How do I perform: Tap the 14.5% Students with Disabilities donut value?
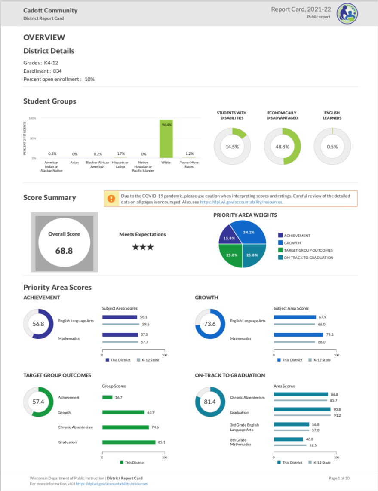tap(232, 146)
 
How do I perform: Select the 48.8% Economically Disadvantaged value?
tap(282, 146)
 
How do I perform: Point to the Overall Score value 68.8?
tap(64, 250)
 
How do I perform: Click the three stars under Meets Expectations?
tap(142, 247)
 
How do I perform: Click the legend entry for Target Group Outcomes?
tap(308, 250)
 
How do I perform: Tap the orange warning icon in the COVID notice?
tap(111, 199)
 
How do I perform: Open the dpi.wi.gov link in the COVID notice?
tap(241, 202)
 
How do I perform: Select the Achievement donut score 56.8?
tap(39, 324)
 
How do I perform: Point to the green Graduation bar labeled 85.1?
tap(129, 442)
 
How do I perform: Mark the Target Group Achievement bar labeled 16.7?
tap(107, 397)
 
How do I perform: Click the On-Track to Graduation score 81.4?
tap(210, 402)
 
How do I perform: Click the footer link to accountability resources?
tap(112, 484)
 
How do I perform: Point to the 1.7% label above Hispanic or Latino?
tap(121, 153)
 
